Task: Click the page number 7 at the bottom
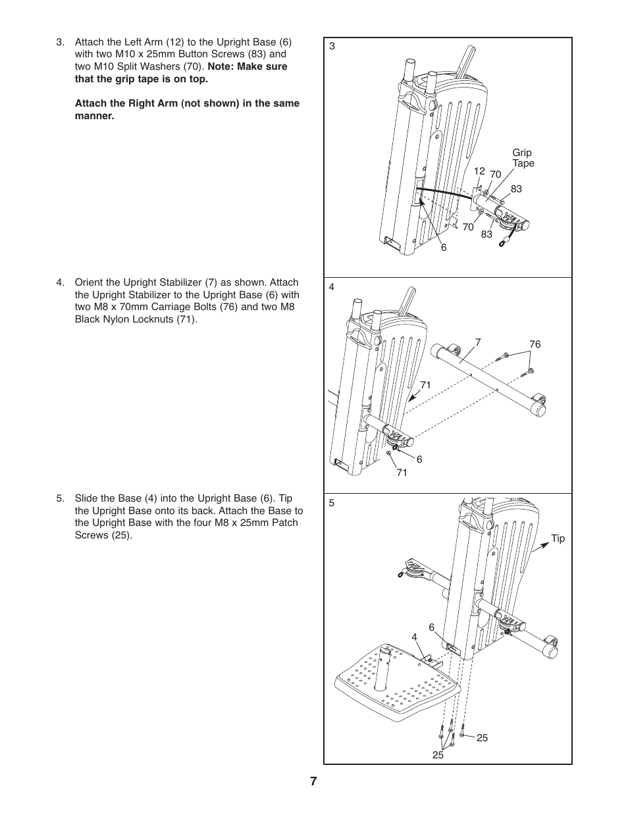314,781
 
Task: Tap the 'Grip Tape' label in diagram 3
523,158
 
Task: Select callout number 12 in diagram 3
479,171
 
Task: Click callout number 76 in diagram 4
535,344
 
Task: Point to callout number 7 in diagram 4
478,342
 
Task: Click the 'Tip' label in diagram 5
558,538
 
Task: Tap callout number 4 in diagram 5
414,637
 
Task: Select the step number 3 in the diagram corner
332,46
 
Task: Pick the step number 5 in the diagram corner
332,503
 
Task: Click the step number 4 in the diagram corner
332,287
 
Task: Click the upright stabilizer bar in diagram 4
487,375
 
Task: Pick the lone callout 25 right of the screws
482,738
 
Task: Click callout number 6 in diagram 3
444,248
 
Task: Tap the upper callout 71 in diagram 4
425,385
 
